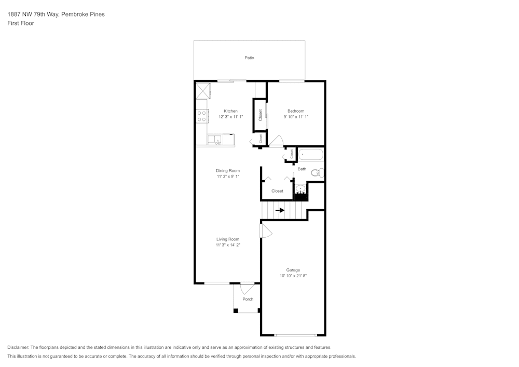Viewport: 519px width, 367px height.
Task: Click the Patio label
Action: [x=249, y=58]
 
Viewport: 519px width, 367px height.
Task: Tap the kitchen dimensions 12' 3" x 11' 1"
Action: [x=231, y=117]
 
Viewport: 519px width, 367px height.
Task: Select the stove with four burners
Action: [x=202, y=116]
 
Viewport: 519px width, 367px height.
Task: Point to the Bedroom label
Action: [x=296, y=111]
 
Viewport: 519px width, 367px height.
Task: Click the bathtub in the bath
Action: [x=311, y=155]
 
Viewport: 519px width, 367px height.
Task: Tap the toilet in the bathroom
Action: [x=318, y=172]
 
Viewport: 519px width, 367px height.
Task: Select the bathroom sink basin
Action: [x=301, y=189]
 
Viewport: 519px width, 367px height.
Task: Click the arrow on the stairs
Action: [x=280, y=210]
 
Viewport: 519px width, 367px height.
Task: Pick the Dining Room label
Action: [x=228, y=171]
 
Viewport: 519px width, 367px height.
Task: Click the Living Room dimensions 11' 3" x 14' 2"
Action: [x=228, y=245]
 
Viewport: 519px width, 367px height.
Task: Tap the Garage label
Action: [x=293, y=270]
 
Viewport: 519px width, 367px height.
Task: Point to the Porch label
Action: [x=248, y=299]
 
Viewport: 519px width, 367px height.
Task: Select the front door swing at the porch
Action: [x=247, y=289]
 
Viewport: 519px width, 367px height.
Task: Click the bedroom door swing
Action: [x=277, y=140]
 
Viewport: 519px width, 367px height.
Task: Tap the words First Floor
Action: [x=21, y=23]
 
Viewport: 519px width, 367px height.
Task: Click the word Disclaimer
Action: [x=18, y=347]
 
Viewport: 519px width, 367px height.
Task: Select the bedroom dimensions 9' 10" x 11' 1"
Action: [x=296, y=117]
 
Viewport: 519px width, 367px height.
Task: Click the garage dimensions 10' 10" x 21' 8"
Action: [x=293, y=276]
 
